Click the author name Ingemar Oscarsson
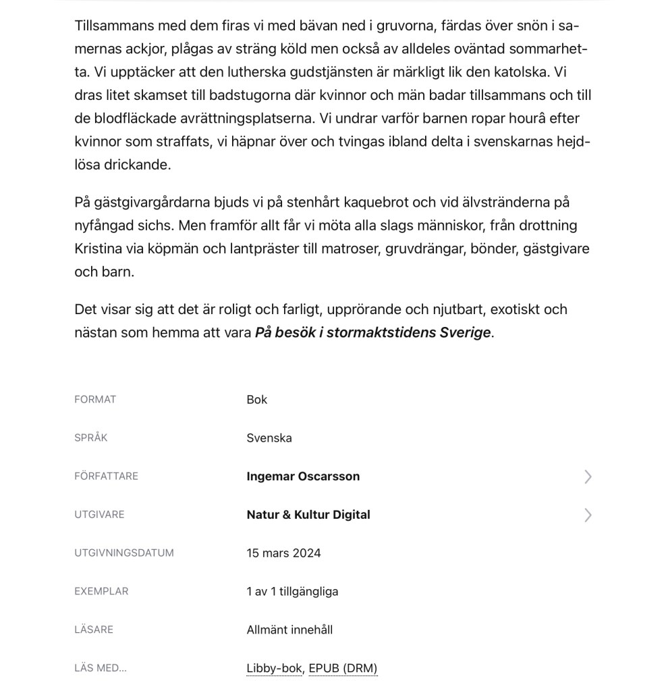303,476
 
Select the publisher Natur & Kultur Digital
308,515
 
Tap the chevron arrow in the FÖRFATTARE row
588,477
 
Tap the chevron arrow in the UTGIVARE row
588,515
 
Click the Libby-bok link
274,668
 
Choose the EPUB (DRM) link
343,668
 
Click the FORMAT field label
95,399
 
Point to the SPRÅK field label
91,438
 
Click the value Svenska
269,438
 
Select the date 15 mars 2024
283,553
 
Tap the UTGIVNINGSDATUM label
124,553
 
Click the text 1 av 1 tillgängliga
292,592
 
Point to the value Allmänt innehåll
289,630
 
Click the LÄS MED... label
101,668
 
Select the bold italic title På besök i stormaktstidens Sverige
373,332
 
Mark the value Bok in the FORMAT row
257,399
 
